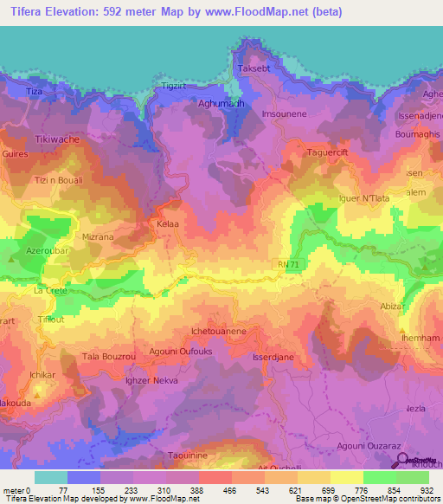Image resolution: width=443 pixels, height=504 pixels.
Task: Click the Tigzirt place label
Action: (x=174, y=87)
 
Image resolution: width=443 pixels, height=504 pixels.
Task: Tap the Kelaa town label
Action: (x=168, y=224)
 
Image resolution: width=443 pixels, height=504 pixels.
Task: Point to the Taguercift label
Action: (x=328, y=152)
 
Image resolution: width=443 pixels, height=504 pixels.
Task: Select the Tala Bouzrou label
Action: (x=106, y=357)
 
